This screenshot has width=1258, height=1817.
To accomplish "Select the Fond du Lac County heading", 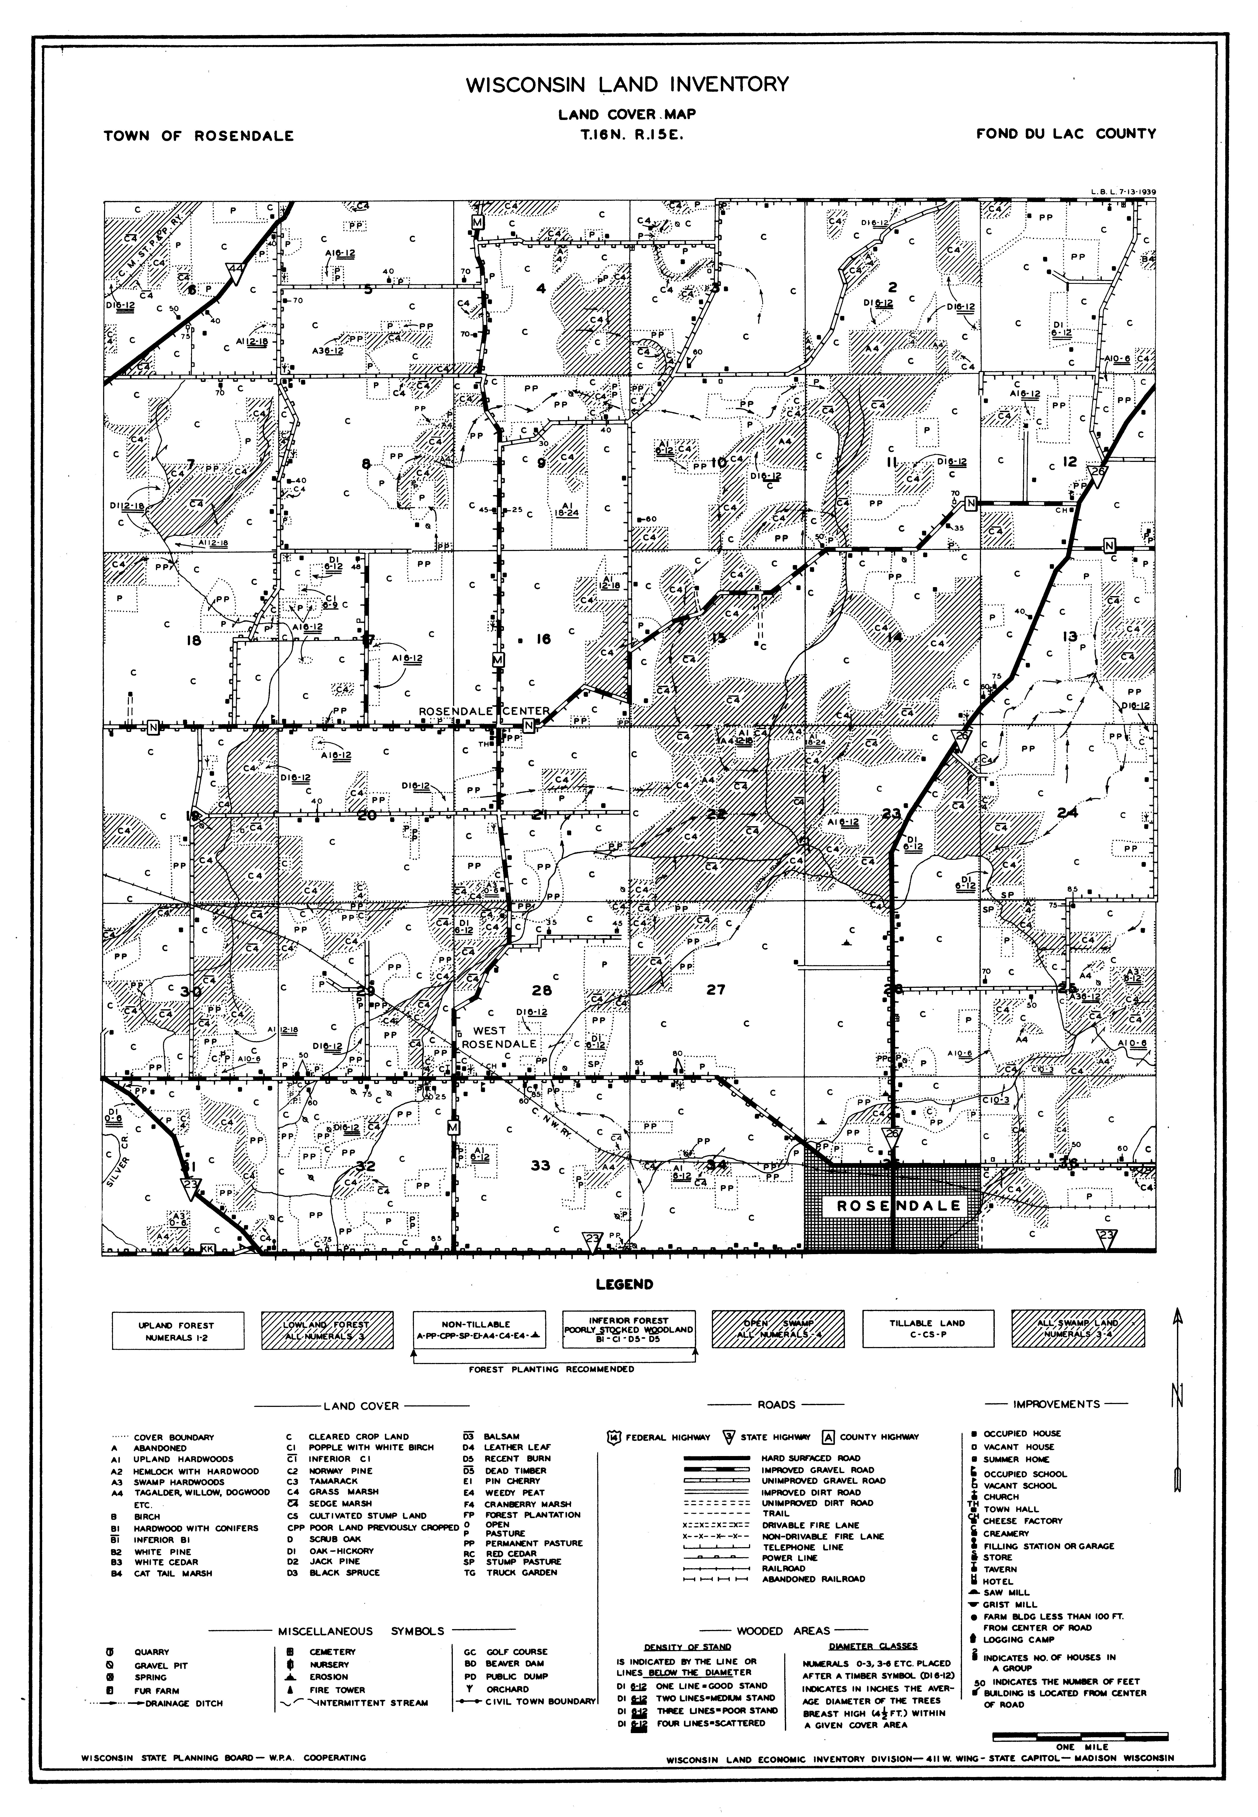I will pyautogui.click(x=1066, y=134).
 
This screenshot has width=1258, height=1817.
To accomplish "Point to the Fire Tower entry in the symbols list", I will pyautogui.click(x=337, y=1690).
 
